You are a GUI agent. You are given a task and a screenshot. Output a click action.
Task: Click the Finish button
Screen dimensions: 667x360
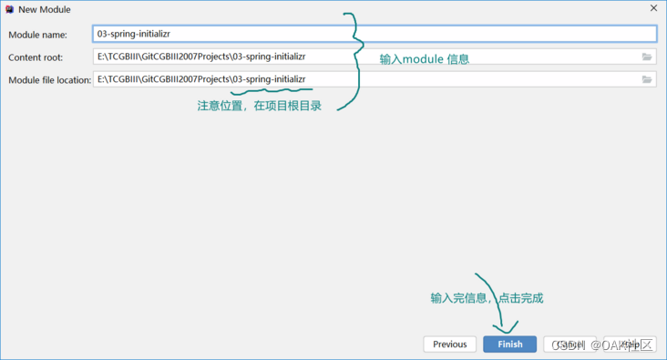pos(509,345)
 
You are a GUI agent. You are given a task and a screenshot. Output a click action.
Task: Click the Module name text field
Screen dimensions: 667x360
pos(375,34)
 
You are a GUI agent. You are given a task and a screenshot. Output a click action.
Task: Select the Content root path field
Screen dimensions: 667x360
pos(364,57)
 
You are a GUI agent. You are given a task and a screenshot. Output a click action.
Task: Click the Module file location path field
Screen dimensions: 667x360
pos(364,79)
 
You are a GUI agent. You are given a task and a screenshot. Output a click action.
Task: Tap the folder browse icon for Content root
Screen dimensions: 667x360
pos(647,57)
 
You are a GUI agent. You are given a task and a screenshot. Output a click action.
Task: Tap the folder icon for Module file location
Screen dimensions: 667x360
pos(647,79)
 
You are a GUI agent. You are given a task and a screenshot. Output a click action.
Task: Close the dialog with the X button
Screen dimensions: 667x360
pos(653,8)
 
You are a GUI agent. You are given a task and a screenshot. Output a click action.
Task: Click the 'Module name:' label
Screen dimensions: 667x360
pos(37,35)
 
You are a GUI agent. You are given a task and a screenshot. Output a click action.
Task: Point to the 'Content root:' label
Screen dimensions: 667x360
pos(36,57)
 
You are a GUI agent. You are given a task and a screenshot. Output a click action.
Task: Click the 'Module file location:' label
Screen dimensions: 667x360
pos(49,80)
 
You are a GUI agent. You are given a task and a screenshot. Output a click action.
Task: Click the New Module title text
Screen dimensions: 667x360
pos(45,9)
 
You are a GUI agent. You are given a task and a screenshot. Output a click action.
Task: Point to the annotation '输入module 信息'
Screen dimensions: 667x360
pos(424,59)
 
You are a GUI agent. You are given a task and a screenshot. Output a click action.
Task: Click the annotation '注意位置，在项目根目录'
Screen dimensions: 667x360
pos(259,105)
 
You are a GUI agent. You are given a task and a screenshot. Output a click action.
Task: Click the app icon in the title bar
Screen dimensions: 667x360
pos(9,9)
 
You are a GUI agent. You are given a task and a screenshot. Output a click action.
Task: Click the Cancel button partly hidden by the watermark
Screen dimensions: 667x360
pos(569,345)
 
